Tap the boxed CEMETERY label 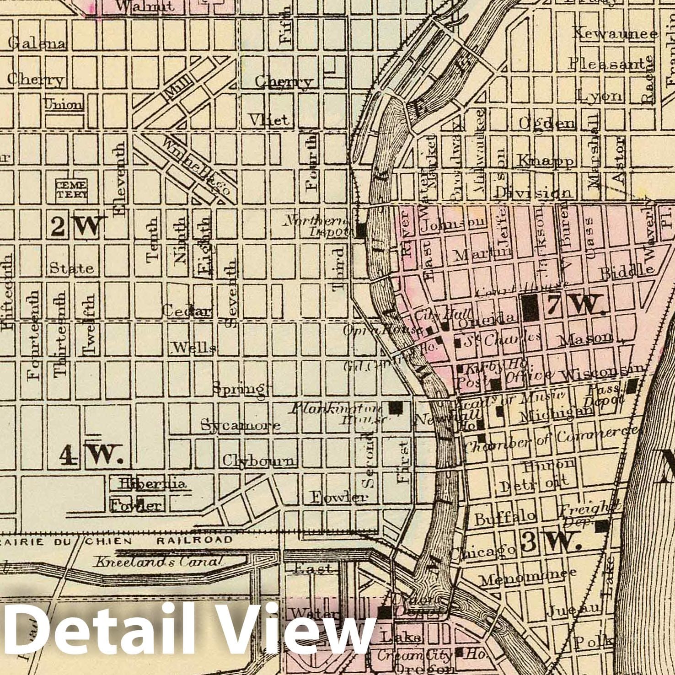(71, 189)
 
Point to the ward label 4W (91, 455)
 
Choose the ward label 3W (551, 542)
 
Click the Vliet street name (269, 120)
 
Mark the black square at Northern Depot (361, 230)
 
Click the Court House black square (530, 307)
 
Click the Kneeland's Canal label (158, 562)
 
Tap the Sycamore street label (241, 425)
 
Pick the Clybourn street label (259, 461)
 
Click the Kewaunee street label (615, 33)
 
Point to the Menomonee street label (527, 578)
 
